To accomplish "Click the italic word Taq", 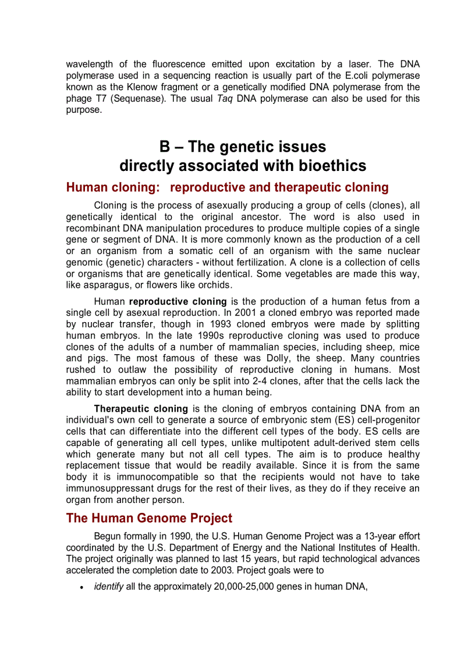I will pyautogui.click(x=225, y=98).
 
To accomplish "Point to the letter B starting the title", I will pyautogui.click(x=165, y=146).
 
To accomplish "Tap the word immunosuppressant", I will pyautogui.click(x=107, y=488).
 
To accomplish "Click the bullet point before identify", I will pyautogui.click(x=81, y=588).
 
